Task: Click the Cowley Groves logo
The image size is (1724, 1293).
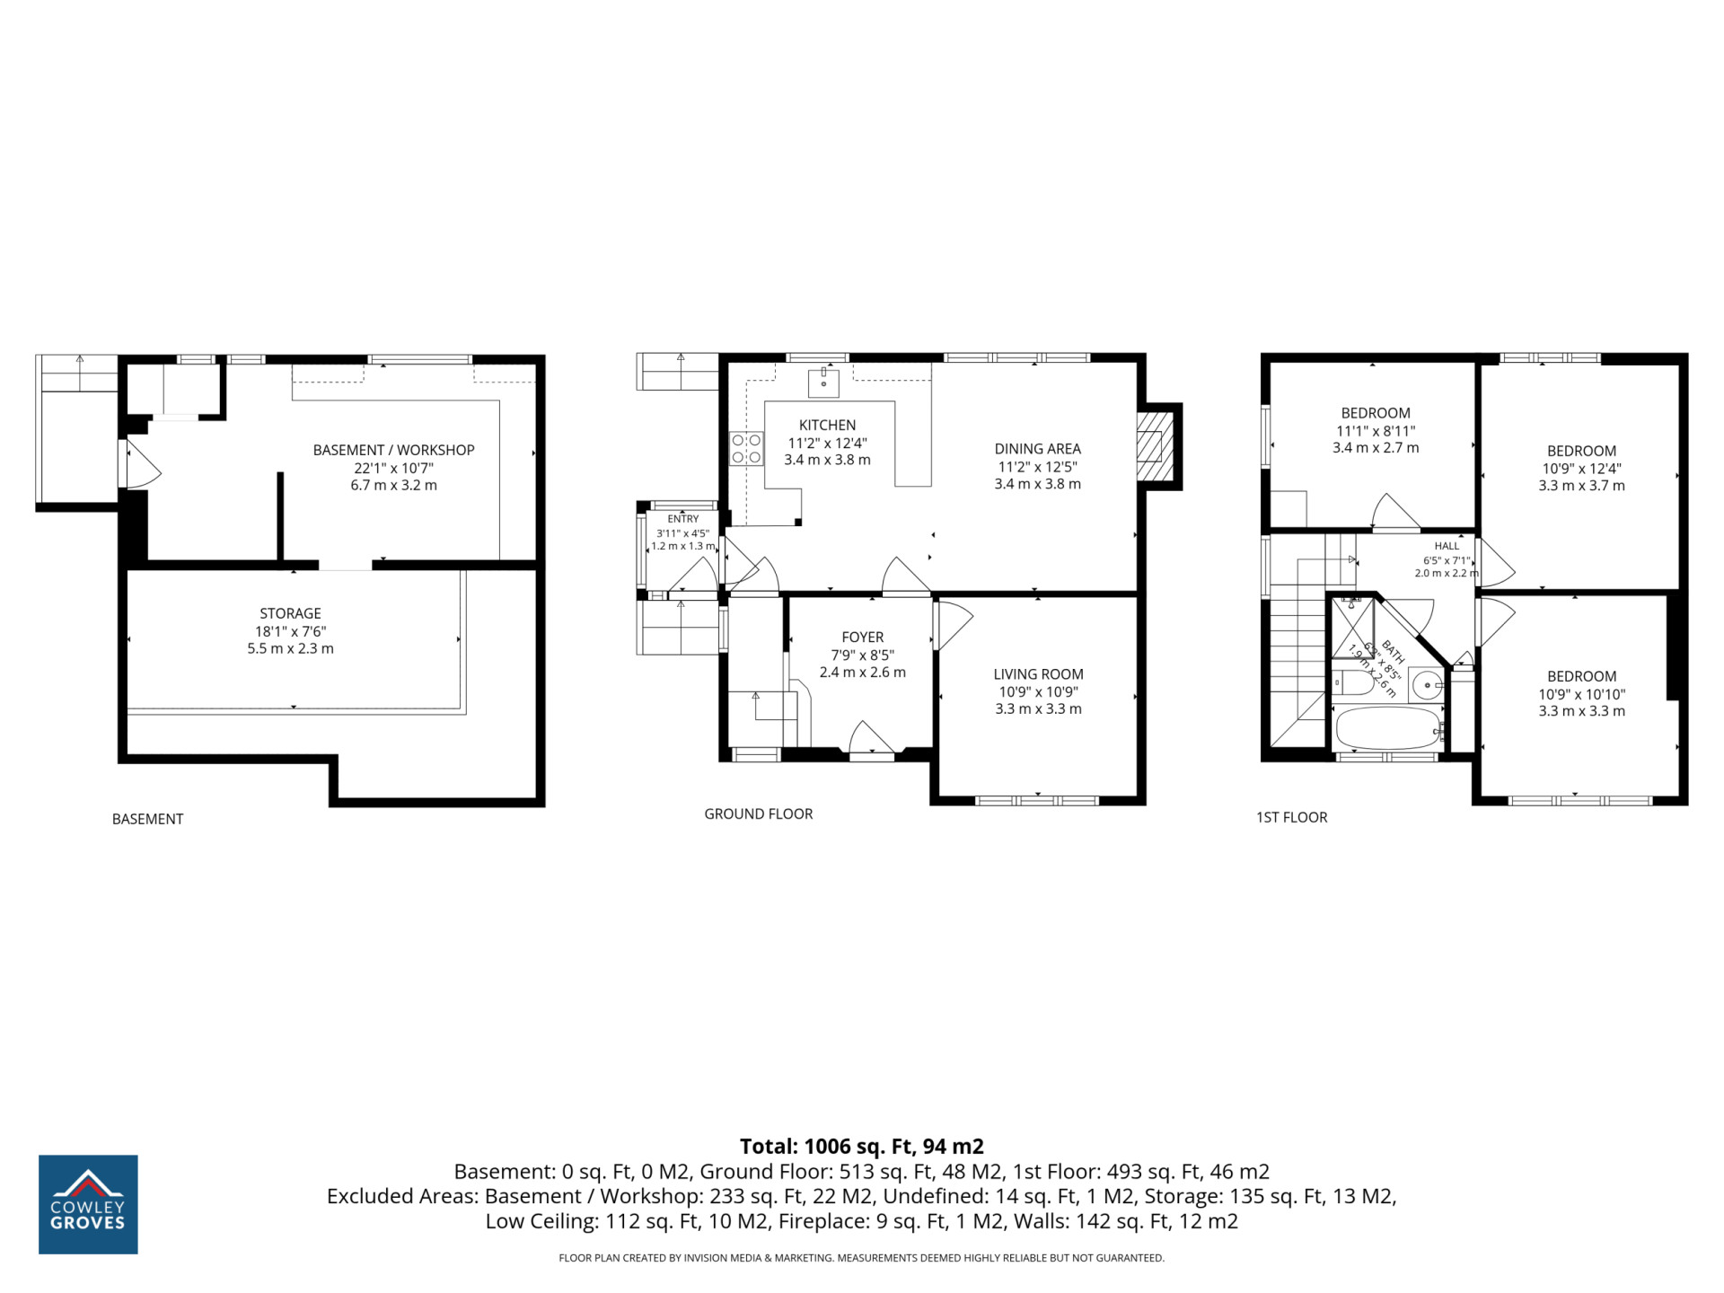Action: (x=88, y=1204)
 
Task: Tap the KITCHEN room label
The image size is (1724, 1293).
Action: (x=827, y=425)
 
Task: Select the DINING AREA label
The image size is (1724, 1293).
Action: (x=1037, y=448)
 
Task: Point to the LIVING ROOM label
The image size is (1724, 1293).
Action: (x=1038, y=674)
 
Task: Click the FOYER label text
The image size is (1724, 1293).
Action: (x=863, y=637)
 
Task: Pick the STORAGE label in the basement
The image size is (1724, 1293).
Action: (x=290, y=613)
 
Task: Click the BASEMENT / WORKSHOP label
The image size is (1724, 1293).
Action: (x=393, y=450)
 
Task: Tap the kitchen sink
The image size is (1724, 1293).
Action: (x=823, y=382)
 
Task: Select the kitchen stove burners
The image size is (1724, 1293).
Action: (x=746, y=449)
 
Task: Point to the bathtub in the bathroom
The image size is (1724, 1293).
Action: (x=1388, y=728)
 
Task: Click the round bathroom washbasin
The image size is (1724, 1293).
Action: (x=1426, y=686)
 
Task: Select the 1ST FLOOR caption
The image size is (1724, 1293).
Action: (x=1291, y=817)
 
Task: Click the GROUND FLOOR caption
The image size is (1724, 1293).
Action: (x=759, y=814)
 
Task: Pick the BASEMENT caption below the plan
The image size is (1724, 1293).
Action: (x=147, y=819)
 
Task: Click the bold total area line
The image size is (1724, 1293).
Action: (x=862, y=1147)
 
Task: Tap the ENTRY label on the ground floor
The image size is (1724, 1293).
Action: (x=683, y=519)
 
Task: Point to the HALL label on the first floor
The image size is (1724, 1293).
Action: (x=1447, y=546)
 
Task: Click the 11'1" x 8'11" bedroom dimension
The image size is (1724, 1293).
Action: (x=1376, y=431)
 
